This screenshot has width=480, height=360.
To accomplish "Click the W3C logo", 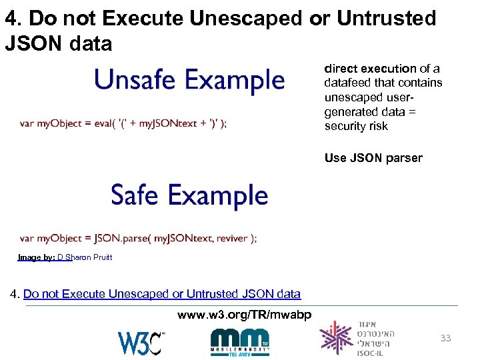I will tap(141, 342).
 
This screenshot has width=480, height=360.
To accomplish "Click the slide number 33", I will tap(445, 338).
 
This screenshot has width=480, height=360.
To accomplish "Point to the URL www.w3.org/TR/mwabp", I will tap(244, 315).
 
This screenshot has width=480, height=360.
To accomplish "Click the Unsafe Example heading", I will tap(189, 80).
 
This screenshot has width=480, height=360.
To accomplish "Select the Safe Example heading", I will tap(189, 196).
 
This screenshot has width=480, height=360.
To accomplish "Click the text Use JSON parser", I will tap(373, 158).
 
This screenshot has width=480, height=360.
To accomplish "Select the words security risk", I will tap(356, 126).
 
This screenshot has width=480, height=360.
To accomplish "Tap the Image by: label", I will tap(37, 257).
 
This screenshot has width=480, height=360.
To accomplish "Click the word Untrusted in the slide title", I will tap(387, 18).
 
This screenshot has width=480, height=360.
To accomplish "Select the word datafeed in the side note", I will tap(346, 83).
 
